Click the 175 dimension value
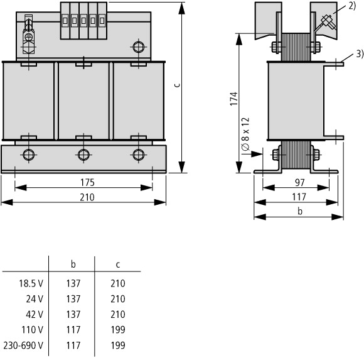[87, 183]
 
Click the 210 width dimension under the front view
[87, 197]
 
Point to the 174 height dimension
[233, 99]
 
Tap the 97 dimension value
[300, 183]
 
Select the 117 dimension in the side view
[299, 197]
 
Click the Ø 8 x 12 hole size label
[245, 134]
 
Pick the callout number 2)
[352, 6]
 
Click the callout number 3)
[360, 54]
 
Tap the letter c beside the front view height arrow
[177, 85]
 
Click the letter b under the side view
[300, 211]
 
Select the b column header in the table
[73, 265]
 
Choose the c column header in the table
[118, 265]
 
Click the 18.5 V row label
[31, 283]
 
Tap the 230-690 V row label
[23, 346]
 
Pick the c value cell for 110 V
[118, 330]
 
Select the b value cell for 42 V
[73, 314]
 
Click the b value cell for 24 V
[73, 298]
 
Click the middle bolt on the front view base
[83, 155]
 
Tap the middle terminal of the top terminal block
[83, 21]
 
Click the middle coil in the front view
[83, 101]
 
